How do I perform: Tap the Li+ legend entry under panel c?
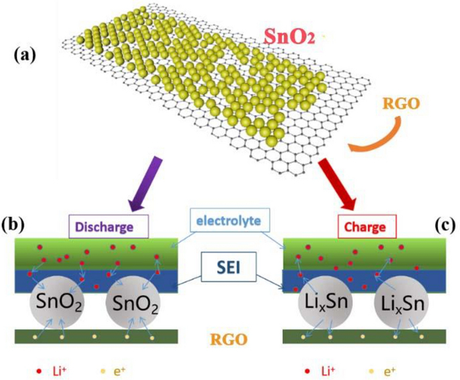coord(321,364)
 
